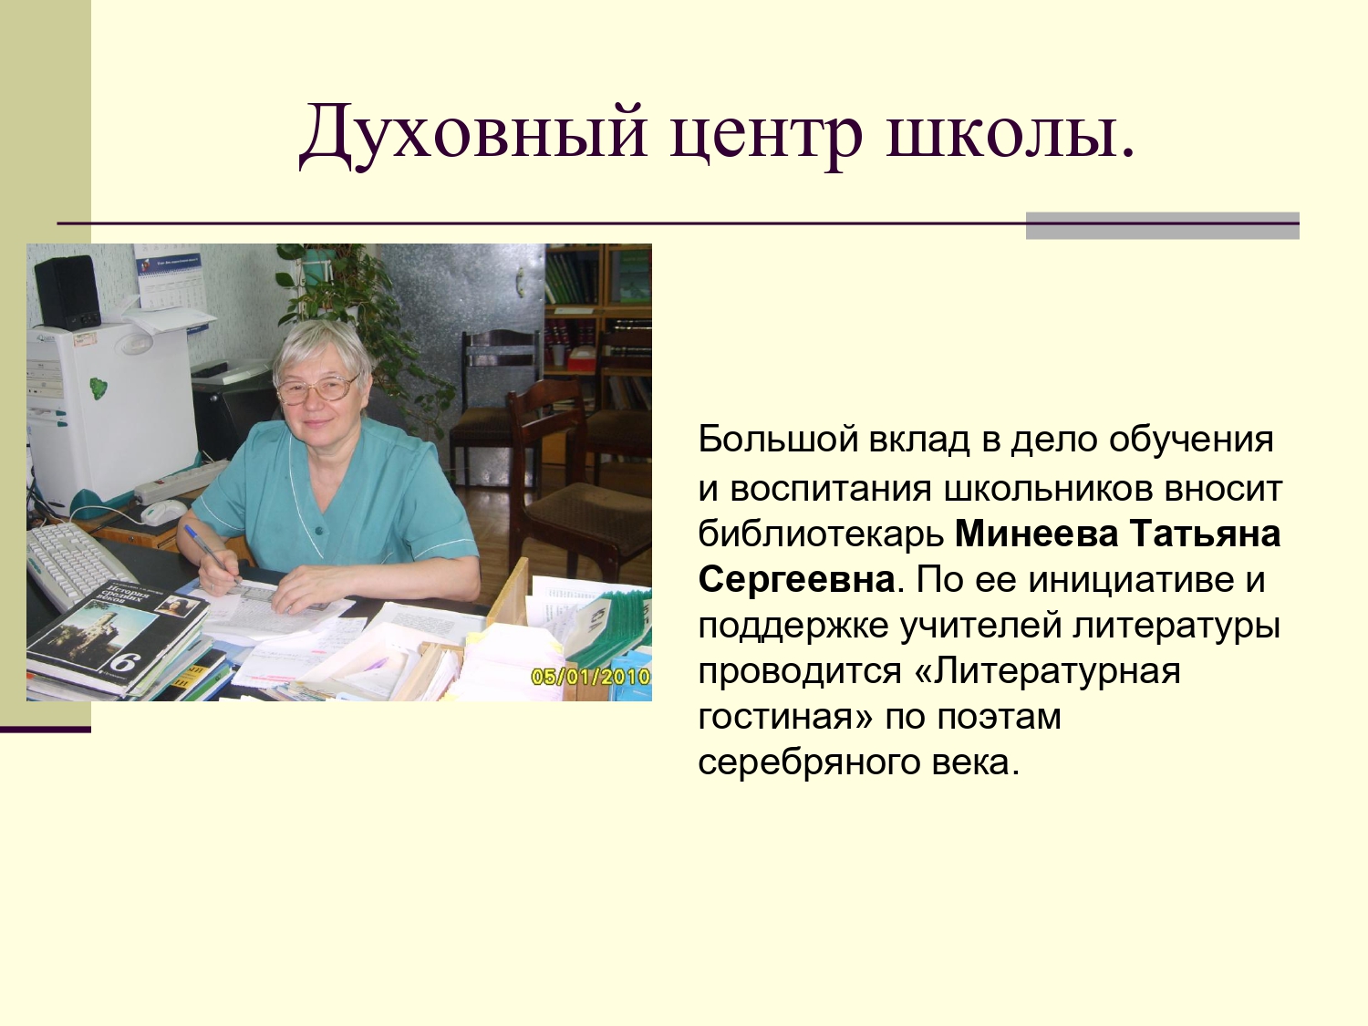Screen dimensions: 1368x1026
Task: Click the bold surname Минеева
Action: click(1036, 534)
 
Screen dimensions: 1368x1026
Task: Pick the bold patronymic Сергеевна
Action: click(796, 580)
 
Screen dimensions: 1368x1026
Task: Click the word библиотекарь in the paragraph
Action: click(821, 534)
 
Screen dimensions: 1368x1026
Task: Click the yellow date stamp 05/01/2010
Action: click(589, 676)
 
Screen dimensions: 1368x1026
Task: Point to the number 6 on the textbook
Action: click(125, 661)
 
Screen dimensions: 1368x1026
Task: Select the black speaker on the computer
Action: click(67, 293)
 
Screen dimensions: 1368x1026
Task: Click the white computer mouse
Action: click(163, 511)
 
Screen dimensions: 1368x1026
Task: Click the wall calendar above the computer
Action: click(171, 276)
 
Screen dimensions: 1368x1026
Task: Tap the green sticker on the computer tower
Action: click(98, 389)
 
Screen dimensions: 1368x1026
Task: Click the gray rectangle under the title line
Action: click(1162, 225)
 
